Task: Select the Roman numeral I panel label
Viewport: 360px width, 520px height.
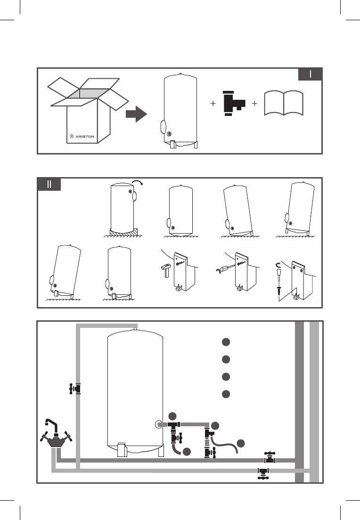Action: pos(311,74)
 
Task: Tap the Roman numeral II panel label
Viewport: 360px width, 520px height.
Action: pos(49,184)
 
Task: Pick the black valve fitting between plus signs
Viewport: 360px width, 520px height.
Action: pos(233,103)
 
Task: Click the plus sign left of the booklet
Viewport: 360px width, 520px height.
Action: pos(254,104)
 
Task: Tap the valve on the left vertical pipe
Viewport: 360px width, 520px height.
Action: pos(75,389)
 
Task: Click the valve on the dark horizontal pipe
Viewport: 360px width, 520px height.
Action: pos(270,457)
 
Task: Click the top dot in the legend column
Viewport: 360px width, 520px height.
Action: pos(226,342)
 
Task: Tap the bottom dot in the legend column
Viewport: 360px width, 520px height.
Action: pos(226,393)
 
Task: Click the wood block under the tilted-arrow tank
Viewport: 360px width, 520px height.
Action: pos(122,232)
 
